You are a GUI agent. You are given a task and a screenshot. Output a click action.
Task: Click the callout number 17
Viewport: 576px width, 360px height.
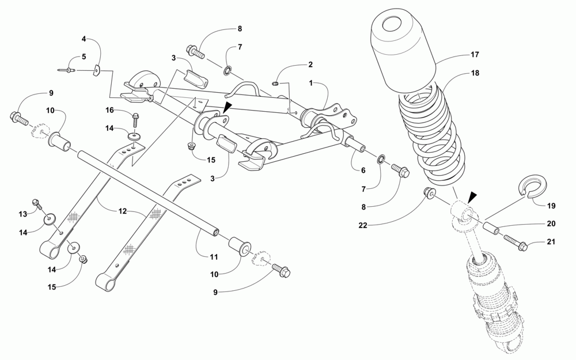pos(474,56)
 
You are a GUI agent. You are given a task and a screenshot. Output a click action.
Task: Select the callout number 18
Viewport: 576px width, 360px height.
pos(475,74)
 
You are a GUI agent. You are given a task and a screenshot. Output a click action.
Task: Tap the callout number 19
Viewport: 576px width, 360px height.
pos(551,205)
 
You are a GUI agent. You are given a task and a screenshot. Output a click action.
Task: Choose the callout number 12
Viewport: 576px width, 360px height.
pos(122,211)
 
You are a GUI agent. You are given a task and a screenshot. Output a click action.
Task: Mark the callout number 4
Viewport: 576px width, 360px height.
pos(84,39)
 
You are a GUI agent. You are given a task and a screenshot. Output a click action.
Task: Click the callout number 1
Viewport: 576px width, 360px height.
pos(310,83)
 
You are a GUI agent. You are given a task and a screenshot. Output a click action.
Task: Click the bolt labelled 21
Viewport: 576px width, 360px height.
pos(516,244)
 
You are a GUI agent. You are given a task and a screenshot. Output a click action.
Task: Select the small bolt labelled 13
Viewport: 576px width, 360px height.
pos(37,203)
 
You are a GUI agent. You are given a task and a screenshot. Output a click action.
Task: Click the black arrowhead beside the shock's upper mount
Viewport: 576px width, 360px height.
pos(472,196)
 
